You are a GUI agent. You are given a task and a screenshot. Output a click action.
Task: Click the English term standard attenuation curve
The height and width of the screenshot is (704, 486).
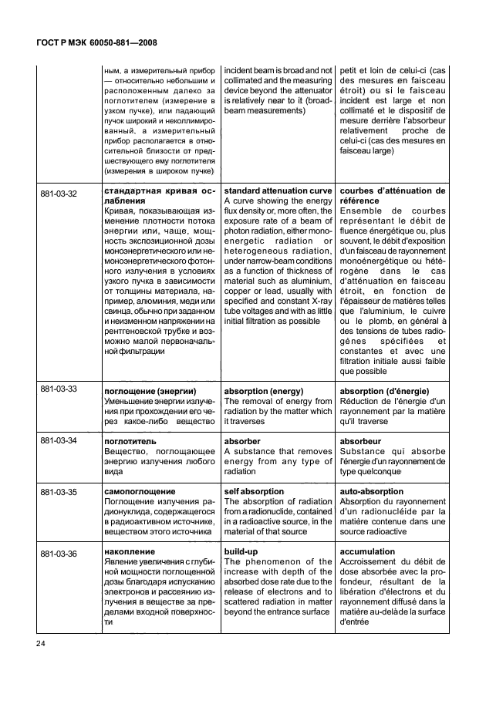point(278,190)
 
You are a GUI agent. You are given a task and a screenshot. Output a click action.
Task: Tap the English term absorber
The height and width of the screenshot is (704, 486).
point(243,441)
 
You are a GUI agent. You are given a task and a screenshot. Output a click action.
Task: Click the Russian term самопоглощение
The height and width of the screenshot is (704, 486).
point(140,491)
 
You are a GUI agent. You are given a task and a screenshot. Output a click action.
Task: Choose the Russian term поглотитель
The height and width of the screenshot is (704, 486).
point(132,441)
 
